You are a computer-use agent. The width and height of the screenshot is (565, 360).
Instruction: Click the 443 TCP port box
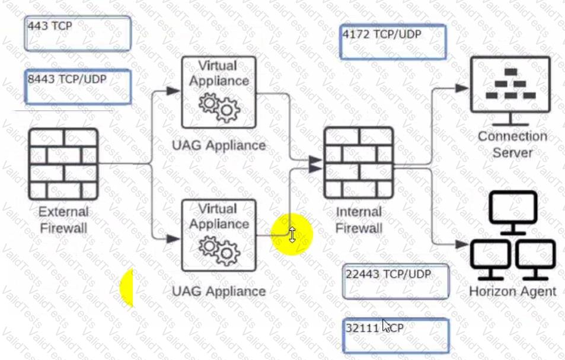point(78,34)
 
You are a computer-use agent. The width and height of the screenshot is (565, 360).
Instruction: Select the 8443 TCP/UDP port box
point(78,87)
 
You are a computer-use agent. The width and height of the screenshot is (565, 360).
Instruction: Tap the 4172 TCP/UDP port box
point(392,42)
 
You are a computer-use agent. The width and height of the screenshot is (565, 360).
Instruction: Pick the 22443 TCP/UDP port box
point(396,281)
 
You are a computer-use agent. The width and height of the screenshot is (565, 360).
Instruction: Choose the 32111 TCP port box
point(396,336)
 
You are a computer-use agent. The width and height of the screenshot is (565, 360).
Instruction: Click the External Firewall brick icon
point(63,164)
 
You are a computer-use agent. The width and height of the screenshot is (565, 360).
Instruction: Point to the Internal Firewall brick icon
point(359,162)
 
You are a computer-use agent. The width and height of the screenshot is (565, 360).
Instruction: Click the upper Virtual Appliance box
point(219,92)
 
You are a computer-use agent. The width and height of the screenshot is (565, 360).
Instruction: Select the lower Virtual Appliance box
point(219,235)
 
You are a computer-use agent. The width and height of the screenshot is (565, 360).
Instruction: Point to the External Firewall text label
point(63,219)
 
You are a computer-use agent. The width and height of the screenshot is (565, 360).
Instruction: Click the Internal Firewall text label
point(359,220)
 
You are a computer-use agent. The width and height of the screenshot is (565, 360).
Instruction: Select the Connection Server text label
point(512,144)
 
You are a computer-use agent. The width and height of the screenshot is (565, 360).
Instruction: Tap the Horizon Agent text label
point(512,291)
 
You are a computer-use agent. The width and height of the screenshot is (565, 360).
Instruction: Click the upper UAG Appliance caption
point(219,145)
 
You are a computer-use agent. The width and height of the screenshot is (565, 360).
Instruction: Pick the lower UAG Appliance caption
point(219,291)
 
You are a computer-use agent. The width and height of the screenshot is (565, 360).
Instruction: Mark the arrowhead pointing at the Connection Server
point(463,88)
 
